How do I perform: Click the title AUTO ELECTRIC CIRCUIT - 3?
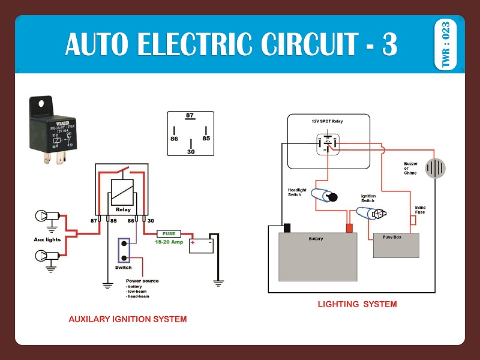pyautogui.click(x=231, y=45)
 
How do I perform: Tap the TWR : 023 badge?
pyautogui.click(x=445, y=45)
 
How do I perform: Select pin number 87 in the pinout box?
pyautogui.click(x=190, y=115)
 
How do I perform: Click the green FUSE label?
pyautogui.click(x=169, y=233)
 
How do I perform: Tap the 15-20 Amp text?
pyautogui.click(x=169, y=242)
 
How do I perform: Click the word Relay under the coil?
pyautogui.click(x=122, y=211)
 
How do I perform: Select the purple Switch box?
pyautogui.click(x=124, y=250)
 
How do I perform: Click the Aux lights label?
pyautogui.click(x=47, y=239)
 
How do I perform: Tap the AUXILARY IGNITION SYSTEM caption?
pyautogui.click(x=128, y=319)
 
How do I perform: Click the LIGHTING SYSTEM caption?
pyautogui.click(x=357, y=304)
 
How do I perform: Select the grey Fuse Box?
pyautogui.click(x=396, y=245)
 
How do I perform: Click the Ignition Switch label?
pyautogui.click(x=368, y=199)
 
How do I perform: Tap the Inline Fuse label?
pyautogui.click(x=421, y=210)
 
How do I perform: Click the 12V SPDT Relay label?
pyautogui.click(x=327, y=122)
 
